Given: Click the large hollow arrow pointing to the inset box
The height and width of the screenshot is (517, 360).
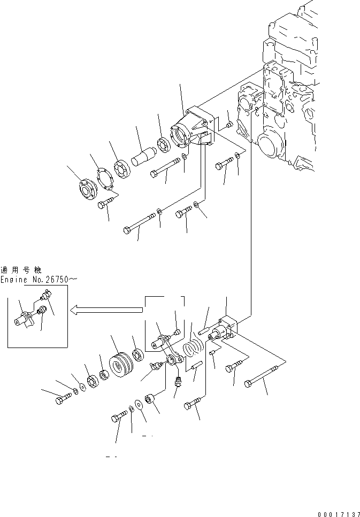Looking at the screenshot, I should pyautogui.click(x=108, y=309).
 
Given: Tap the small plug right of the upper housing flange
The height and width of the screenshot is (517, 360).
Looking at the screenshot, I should pyautogui.click(x=228, y=125).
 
